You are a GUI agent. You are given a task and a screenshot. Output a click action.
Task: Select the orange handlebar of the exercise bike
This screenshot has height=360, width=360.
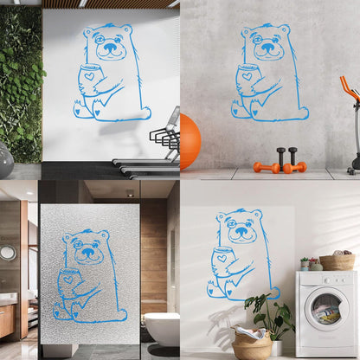click(x=349, y=86)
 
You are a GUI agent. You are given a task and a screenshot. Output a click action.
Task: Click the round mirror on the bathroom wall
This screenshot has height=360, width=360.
click(x=8, y=253)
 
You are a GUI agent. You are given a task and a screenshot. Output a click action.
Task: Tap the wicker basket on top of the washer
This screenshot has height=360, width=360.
click(x=337, y=261)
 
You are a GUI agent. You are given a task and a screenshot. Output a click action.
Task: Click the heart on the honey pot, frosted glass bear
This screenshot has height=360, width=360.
click(x=67, y=279)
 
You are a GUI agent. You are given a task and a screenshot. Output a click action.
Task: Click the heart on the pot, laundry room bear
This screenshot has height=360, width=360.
click(x=222, y=257)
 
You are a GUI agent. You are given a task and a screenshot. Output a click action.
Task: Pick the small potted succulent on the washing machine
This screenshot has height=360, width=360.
click(x=305, y=263)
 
